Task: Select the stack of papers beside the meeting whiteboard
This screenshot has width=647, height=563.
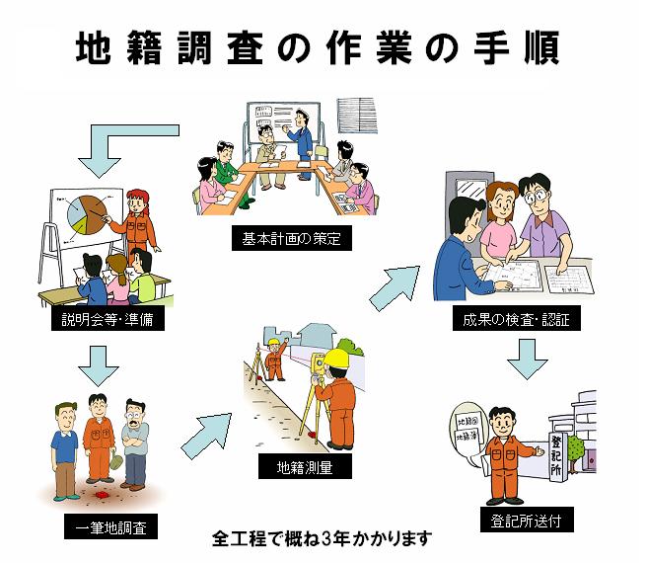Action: (x=359, y=117)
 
